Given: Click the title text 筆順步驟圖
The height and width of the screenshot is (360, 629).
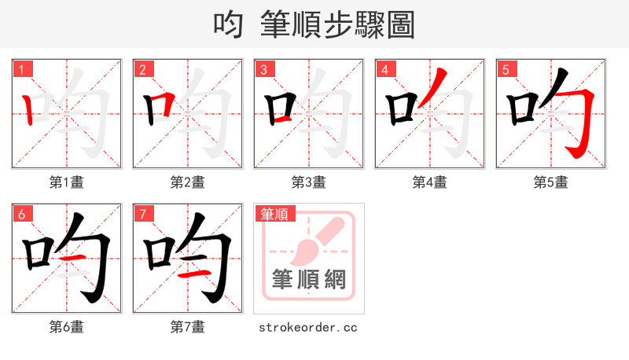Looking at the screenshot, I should coord(337,24).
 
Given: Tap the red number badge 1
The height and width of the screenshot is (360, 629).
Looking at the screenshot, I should coord(22,69).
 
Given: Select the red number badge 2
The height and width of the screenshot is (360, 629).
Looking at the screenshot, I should coord(143,69).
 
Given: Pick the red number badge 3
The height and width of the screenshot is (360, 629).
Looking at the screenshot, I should coord(264,69).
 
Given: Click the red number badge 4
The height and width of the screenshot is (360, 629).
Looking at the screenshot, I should coord(385,69).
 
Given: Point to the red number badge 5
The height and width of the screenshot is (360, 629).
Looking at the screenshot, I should coord(506,69).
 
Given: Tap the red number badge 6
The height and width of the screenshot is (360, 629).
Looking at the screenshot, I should coord(22,214).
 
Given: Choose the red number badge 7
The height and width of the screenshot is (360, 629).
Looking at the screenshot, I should coord(143,214).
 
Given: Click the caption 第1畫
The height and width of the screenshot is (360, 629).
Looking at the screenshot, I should coord(67,182).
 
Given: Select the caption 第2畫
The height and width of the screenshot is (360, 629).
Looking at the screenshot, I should coord(188,182).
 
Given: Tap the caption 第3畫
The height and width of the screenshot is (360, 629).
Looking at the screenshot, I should coord(309,182).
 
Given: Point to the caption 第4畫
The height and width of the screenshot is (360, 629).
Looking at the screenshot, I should coord(430,182).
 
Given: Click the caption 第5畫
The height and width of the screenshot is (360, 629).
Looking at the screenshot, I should coord(551,182).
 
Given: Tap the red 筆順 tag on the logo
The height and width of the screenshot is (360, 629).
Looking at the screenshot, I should coord(273,214).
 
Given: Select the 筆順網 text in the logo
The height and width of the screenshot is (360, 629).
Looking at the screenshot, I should coord(309,280).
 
